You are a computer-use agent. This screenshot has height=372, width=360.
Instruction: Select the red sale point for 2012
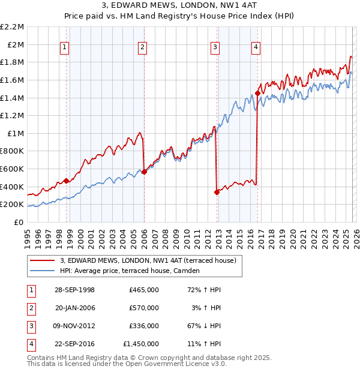coord(216,193)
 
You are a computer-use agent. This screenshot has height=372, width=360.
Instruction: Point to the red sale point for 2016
coord(257,93)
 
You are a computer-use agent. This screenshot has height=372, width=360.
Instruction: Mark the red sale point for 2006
coord(144,172)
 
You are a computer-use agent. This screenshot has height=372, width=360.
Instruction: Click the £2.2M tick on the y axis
coord(13,27)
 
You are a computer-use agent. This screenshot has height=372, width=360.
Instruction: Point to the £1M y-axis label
coord(16,134)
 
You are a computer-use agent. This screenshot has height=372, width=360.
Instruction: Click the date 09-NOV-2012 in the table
coord(74,326)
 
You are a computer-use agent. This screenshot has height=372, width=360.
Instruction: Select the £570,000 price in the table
coord(144,308)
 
